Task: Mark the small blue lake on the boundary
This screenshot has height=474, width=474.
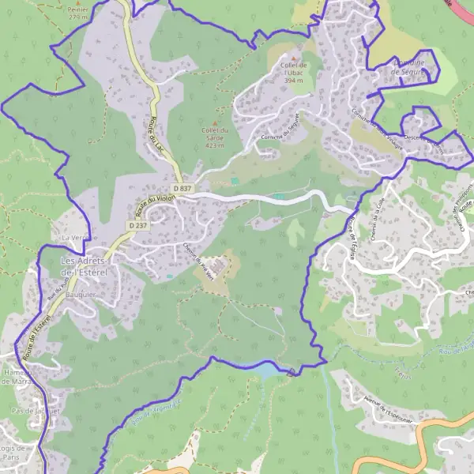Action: [265, 369]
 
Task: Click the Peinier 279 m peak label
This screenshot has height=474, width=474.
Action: [77, 11]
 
